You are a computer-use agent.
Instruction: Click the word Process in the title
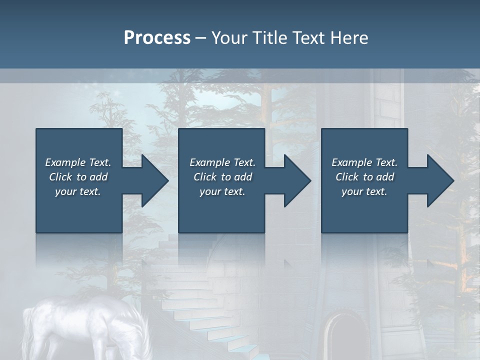[x=157, y=38]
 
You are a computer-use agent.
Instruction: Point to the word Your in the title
[x=228, y=38]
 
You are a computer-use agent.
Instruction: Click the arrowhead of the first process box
[x=155, y=180]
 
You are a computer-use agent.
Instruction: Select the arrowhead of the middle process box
[x=297, y=180]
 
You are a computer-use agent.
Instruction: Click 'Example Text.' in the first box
[x=78, y=162]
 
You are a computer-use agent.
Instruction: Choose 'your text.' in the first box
[x=78, y=191]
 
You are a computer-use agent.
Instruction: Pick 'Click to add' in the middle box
[x=222, y=177]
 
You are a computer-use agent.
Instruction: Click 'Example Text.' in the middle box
[x=222, y=162]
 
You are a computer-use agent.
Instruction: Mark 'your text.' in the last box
[x=364, y=191]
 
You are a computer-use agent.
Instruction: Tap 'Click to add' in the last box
[x=364, y=177]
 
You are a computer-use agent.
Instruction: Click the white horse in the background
[x=90, y=325]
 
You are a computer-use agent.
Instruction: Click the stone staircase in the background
[x=200, y=300]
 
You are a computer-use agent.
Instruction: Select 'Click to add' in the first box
[x=78, y=177]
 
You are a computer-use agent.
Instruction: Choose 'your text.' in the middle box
[x=222, y=191]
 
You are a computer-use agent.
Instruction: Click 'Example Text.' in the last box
[x=364, y=162]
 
